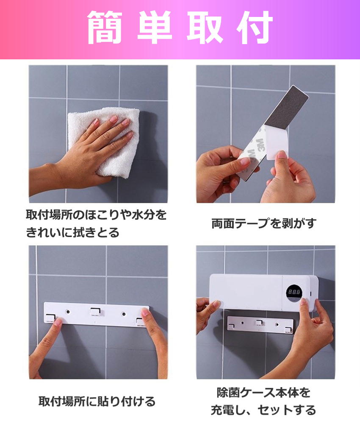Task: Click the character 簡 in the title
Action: [105, 27]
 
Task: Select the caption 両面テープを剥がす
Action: [263, 223]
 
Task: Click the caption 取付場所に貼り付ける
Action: [97, 401]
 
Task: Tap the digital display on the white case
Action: [294, 292]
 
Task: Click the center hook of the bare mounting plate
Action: [96, 311]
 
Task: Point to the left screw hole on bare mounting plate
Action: [68, 312]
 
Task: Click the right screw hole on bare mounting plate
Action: [124, 314]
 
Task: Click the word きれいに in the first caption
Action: [50, 232]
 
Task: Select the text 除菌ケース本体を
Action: [263, 393]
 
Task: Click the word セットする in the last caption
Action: [287, 410]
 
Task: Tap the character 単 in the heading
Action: [155, 27]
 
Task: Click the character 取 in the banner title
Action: [205, 27]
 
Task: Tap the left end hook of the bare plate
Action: [50, 318]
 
